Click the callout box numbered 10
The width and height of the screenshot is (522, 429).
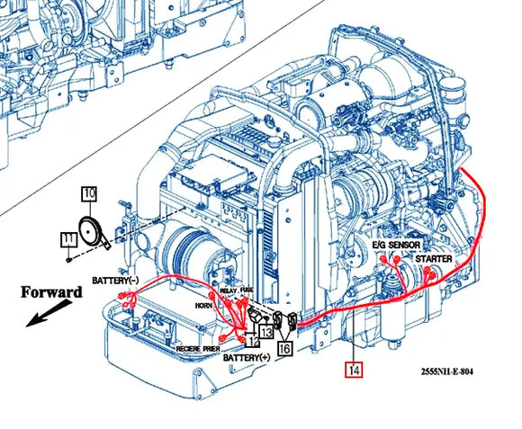(89, 192)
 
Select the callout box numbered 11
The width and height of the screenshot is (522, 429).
(68, 239)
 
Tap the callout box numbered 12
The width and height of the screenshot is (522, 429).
(253, 338)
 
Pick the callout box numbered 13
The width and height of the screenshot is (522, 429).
(265, 331)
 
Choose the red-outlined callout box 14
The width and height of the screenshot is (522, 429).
(354, 367)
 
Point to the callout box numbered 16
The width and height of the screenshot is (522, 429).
(285, 347)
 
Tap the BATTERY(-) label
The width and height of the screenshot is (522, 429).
(115, 281)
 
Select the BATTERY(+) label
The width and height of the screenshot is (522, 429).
(245, 358)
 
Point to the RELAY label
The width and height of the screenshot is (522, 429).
(229, 291)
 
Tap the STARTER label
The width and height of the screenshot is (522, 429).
(433, 258)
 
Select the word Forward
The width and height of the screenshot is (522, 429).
(50, 292)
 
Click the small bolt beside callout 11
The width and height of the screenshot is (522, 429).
(69, 258)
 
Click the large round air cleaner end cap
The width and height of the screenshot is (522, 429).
(185, 249)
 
